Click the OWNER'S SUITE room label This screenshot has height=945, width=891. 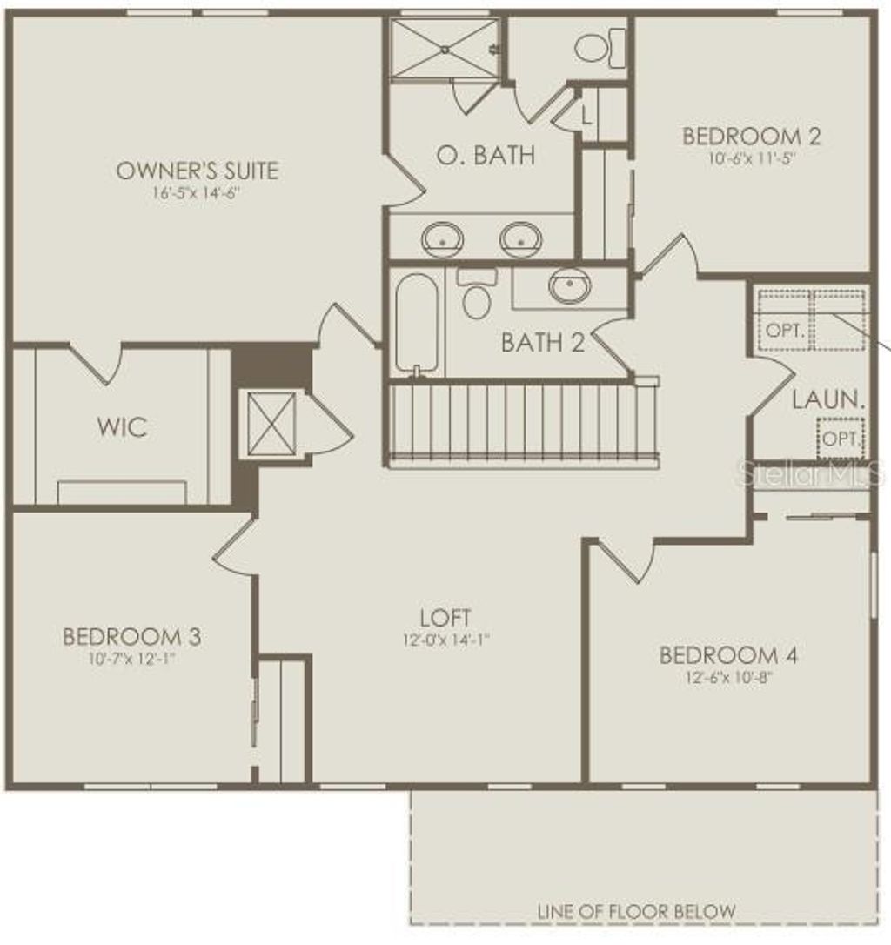pyautogui.click(x=198, y=170)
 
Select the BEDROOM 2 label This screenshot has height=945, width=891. pyautogui.click(x=751, y=137)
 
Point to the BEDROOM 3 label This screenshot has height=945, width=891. pyautogui.click(x=131, y=637)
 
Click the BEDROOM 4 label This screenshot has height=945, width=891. pyautogui.click(x=728, y=655)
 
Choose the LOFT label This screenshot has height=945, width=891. pyautogui.click(x=445, y=618)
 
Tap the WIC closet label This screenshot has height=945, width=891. pyautogui.click(x=122, y=428)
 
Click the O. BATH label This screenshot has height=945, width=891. pyautogui.click(x=486, y=156)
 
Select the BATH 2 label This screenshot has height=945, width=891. pyautogui.click(x=542, y=343)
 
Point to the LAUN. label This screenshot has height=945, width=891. pyautogui.click(x=828, y=401)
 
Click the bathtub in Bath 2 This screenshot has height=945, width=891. pyautogui.click(x=416, y=322)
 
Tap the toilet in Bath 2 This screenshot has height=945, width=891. pyautogui.click(x=476, y=295)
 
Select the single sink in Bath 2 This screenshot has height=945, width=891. pyautogui.click(x=570, y=285)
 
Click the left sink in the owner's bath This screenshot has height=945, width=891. pyautogui.click(x=442, y=238)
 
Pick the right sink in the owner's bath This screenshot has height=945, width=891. pyautogui.click(x=521, y=238)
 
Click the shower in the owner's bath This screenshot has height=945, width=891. pyautogui.click(x=444, y=49)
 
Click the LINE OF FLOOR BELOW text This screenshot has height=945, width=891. pyautogui.click(x=636, y=911)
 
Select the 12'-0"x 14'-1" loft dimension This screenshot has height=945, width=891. pyautogui.click(x=445, y=640)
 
